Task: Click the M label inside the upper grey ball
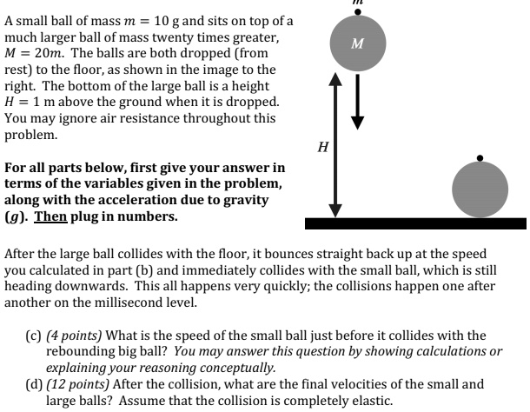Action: click(x=356, y=43)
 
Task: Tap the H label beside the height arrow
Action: click(x=321, y=149)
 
